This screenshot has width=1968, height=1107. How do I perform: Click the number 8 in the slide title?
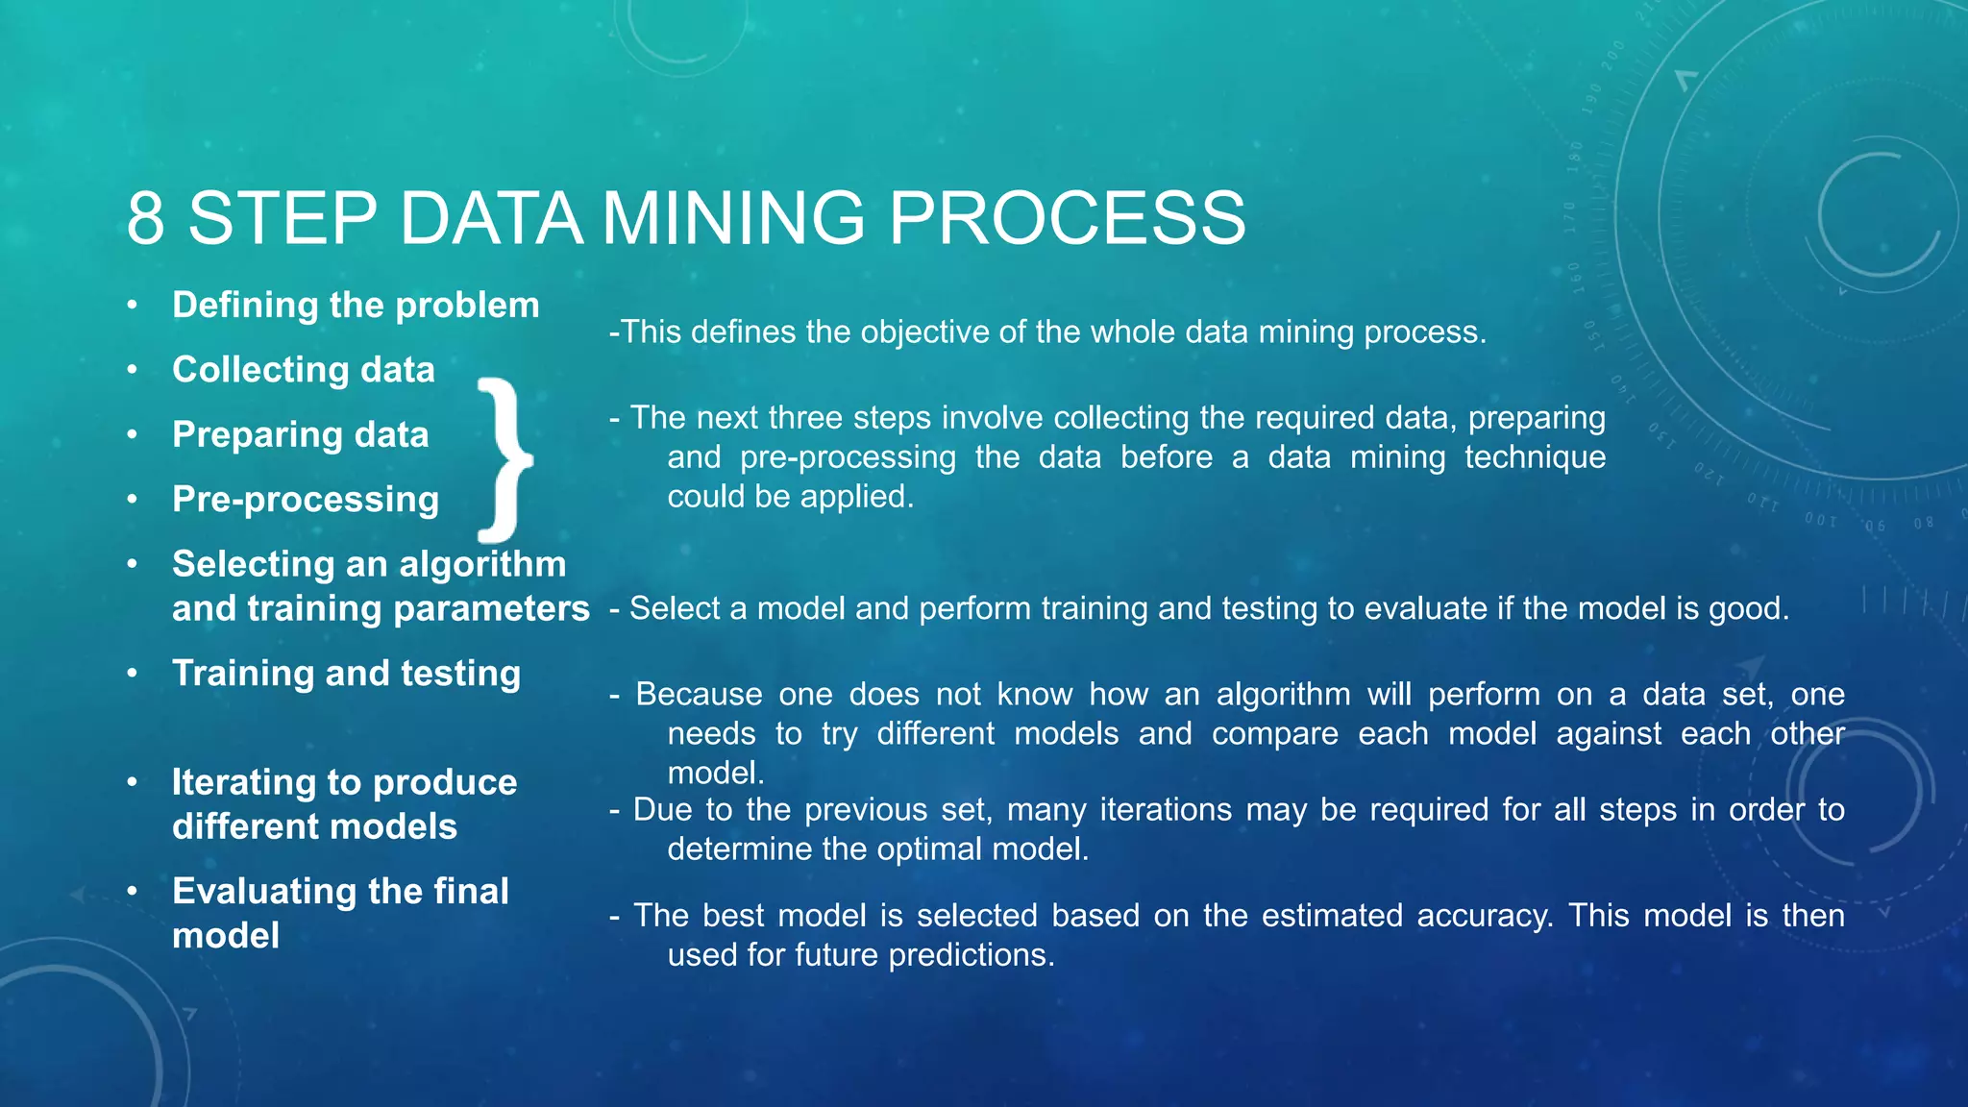[146, 219]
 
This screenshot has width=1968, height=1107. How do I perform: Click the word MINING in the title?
[733, 219]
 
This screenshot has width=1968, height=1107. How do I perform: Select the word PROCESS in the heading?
[1067, 219]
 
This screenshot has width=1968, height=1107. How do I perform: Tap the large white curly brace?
[505, 459]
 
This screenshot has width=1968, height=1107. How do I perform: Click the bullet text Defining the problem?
[356, 306]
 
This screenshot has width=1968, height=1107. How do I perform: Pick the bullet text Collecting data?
[304, 370]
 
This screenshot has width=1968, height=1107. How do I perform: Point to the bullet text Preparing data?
[300, 434]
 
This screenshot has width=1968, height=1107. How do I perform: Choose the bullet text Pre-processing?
[306, 500]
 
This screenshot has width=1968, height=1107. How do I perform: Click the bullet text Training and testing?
[346, 674]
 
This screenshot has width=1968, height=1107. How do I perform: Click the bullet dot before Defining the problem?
[133, 306]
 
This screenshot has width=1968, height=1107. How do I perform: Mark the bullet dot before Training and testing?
[133, 674]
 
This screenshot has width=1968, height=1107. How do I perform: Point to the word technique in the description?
[1535, 457]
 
